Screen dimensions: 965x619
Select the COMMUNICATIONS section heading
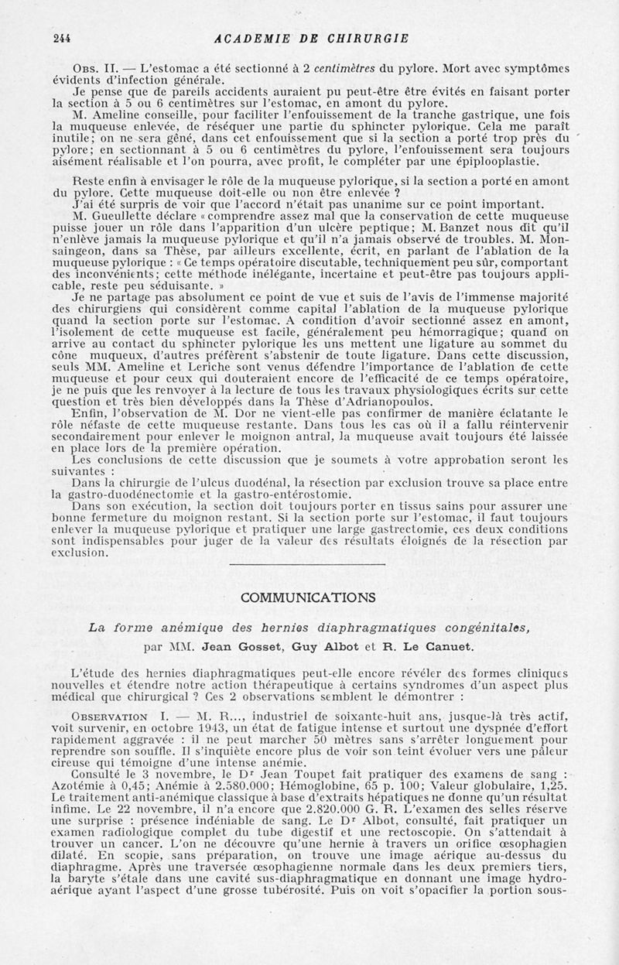(x=308, y=597)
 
